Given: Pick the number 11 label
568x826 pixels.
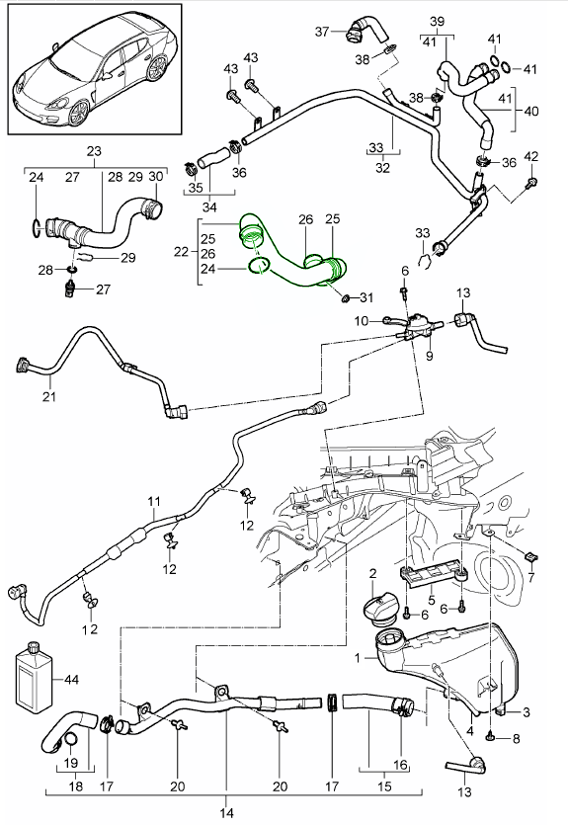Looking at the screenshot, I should click(153, 502).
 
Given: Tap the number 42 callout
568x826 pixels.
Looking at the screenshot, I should click(531, 157).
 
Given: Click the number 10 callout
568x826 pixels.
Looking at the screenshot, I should click(362, 320).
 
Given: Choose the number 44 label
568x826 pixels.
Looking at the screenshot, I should click(72, 681).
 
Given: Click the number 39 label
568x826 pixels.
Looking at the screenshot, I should click(439, 20).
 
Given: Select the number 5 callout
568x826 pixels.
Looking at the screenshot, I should click(431, 599).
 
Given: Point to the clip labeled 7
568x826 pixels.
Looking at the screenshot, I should click(528, 554).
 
